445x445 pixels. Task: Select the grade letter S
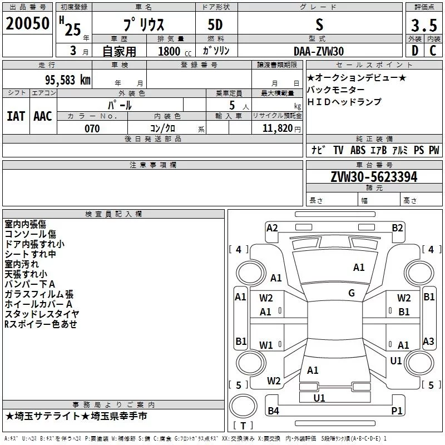(319, 25)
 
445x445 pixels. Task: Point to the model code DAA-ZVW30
(319, 51)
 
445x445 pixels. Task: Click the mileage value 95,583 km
(65, 80)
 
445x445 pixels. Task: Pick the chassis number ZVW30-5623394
(374, 177)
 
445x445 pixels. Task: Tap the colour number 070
(92, 129)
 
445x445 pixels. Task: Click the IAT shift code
(16, 116)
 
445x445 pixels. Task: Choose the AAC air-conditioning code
(43, 116)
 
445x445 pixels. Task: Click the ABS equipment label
(358, 150)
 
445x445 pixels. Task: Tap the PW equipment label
(434, 150)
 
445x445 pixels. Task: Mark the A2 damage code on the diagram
(272, 228)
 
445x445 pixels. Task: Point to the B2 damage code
(397, 228)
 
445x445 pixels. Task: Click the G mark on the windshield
(352, 293)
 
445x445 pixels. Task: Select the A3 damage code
(429, 342)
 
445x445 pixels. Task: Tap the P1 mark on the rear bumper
(397, 411)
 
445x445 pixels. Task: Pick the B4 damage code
(273, 411)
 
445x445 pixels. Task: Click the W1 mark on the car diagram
(266, 345)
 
